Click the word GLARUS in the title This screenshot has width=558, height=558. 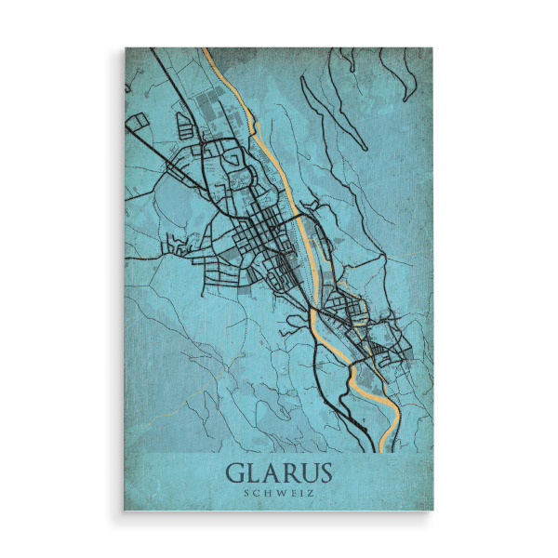(279, 472)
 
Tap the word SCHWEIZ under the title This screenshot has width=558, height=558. (279, 493)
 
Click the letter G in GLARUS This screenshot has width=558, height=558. (236, 472)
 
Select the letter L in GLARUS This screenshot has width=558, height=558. (254, 472)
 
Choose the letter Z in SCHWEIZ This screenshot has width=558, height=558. (311, 493)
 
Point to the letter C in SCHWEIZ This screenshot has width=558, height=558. (255, 493)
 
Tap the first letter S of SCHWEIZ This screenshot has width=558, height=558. (246, 493)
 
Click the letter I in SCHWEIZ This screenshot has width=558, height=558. (301, 493)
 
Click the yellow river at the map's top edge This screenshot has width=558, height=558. (212, 54)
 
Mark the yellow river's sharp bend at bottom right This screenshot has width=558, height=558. (395, 409)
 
